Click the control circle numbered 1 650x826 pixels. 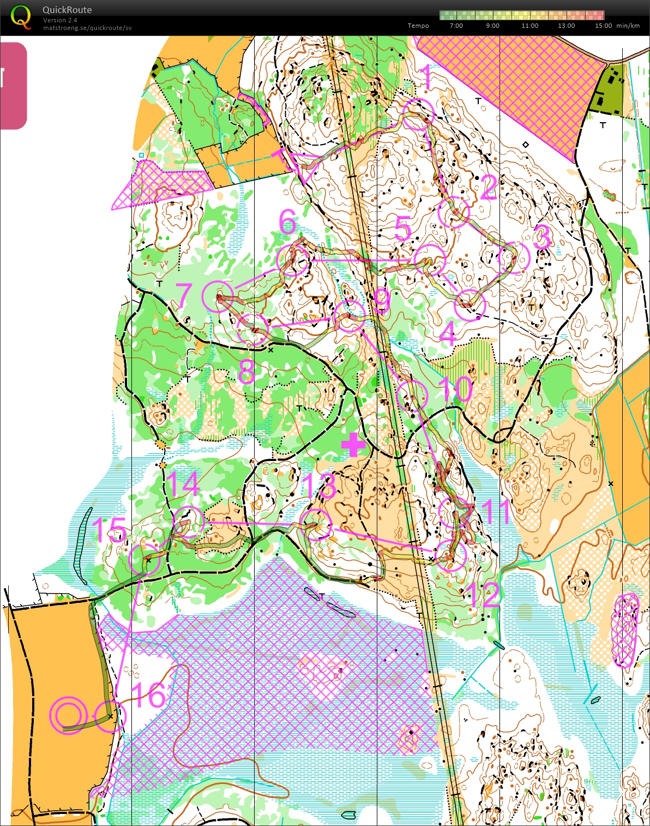(x=418, y=115)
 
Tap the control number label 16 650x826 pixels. (x=148, y=696)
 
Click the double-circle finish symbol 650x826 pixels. (x=68, y=715)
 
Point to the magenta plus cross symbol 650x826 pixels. (x=353, y=445)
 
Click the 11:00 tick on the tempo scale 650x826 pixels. (x=529, y=26)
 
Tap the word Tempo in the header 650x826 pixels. (x=418, y=26)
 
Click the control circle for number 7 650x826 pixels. (x=218, y=296)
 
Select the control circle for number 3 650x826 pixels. (x=514, y=258)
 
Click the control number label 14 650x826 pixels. (x=183, y=484)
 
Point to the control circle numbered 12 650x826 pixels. (x=452, y=555)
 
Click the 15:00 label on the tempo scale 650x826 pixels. (x=603, y=26)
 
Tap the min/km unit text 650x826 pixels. (x=628, y=26)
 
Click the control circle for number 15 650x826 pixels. (x=145, y=559)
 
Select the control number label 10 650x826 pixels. (x=456, y=389)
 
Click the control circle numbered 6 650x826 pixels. (x=293, y=260)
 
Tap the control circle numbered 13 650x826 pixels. (x=316, y=524)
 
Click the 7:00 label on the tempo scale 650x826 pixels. (x=456, y=26)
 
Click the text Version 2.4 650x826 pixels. (x=60, y=20)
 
